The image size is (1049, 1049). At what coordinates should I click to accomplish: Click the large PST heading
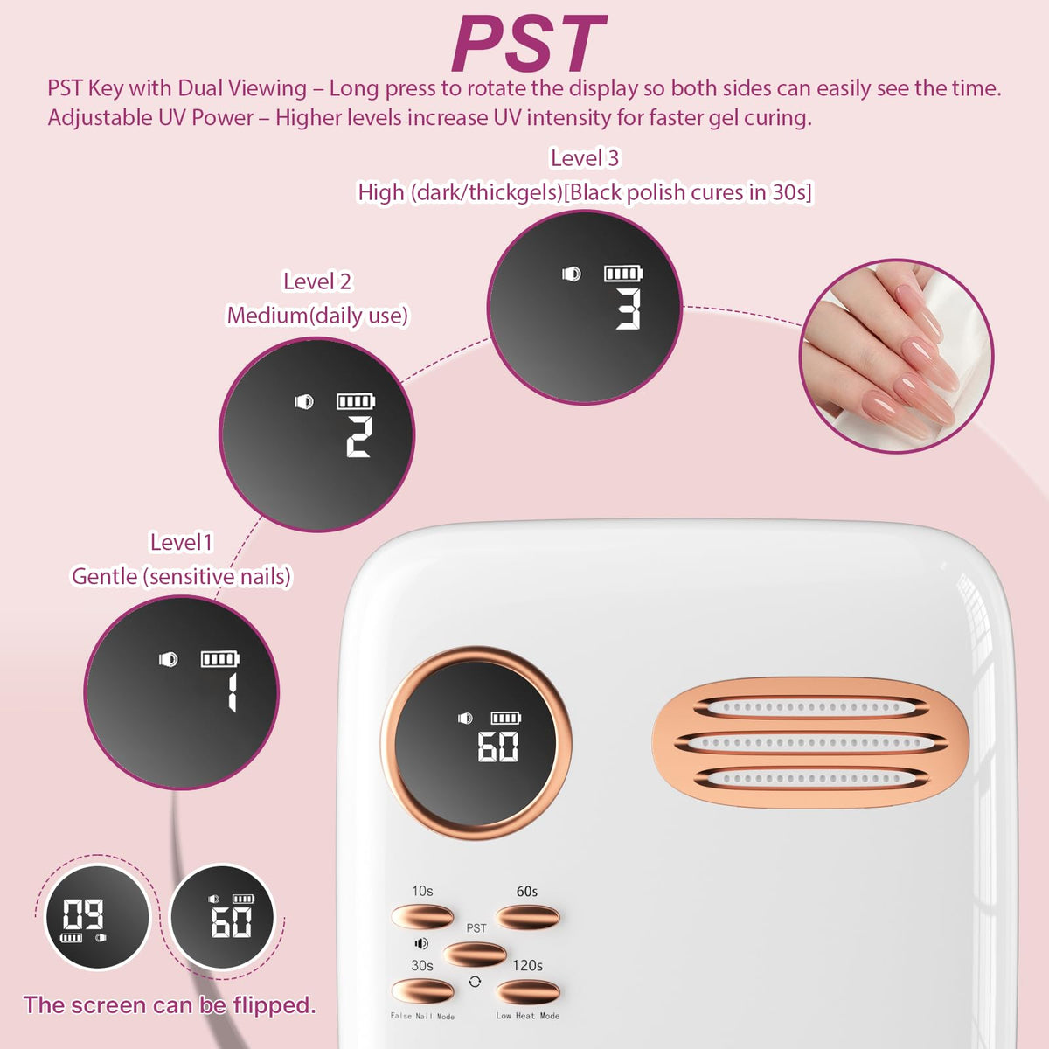pyautogui.click(x=529, y=44)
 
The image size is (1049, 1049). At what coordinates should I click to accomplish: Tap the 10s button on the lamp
pyautogui.click(x=422, y=916)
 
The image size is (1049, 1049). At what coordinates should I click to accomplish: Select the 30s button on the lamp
pyautogui.click(x=422, y=990)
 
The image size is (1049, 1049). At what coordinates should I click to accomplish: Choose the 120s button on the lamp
pyautogui.click(x=527, y=990)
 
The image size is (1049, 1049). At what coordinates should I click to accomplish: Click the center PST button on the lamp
pyautogui.click(x=475, y=955)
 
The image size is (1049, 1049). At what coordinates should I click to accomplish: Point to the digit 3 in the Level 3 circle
pyautogui.click(x=629, y=309)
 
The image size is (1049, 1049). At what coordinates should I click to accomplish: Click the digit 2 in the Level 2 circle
pyautogui.click(x=359, y=436)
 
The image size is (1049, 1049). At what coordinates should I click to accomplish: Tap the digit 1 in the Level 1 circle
pyautogui.click(x=232, y=692)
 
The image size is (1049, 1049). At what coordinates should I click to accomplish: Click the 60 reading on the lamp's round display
pyautogui.click(x=498, y=746)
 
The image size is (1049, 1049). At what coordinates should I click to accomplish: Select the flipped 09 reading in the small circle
pyautogui.click(x=83, y=914)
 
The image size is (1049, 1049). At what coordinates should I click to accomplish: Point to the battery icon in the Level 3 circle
pyautogui.click(x=623, y=274)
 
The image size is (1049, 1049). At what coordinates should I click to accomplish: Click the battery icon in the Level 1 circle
pyautogui.click(x=220, y=659)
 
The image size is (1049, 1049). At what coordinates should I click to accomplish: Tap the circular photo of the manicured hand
pyautogui.click(x=897, y=357)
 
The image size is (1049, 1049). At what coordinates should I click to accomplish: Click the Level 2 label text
pyautogui.click(x=317, y=281)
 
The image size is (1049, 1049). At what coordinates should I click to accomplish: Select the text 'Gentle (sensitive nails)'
pyautogui.click(x=181, y=576)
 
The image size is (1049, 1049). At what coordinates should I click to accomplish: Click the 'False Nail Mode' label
pyautogui.click(x=422, y=1016)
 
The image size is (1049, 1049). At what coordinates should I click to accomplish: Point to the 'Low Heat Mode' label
pyautogui.click(x=527, y=1015)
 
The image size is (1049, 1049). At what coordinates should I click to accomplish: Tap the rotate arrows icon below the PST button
pyautogui.click(x=475, y=982)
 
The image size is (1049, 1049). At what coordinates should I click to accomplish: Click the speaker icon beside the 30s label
pyautogui.click(x=421, y=943)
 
